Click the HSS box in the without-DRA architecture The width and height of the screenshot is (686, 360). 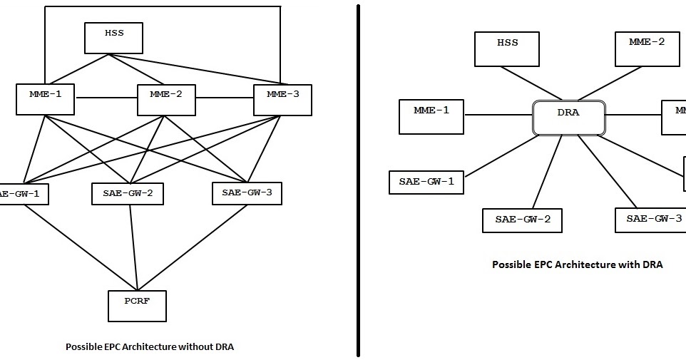pos(113,38)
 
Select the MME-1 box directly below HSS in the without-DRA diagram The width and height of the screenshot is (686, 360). pos(45,99)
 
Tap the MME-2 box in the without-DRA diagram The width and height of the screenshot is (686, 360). pos(165,99)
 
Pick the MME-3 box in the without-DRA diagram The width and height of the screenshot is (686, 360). pos(282,99)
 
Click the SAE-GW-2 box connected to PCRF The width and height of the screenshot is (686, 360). pos(128,193)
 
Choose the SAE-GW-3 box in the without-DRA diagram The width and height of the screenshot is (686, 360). pos(247,193)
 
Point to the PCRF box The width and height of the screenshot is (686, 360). pos(137,306)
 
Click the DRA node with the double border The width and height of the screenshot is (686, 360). pos(569,118)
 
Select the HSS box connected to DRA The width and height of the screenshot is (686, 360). pos(507,48)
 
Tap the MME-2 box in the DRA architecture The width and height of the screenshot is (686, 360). pos(647,48)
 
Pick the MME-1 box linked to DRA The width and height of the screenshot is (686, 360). pos(431,116)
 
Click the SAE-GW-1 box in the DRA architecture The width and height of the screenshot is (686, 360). pos(426,182)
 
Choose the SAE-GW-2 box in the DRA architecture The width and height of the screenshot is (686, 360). pos(522,220)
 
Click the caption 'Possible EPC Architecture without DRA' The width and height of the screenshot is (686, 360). pos(149,347)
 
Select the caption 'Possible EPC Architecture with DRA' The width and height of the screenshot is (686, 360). pos(577,264)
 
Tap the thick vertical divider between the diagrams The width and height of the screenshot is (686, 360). pos(358,178)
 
